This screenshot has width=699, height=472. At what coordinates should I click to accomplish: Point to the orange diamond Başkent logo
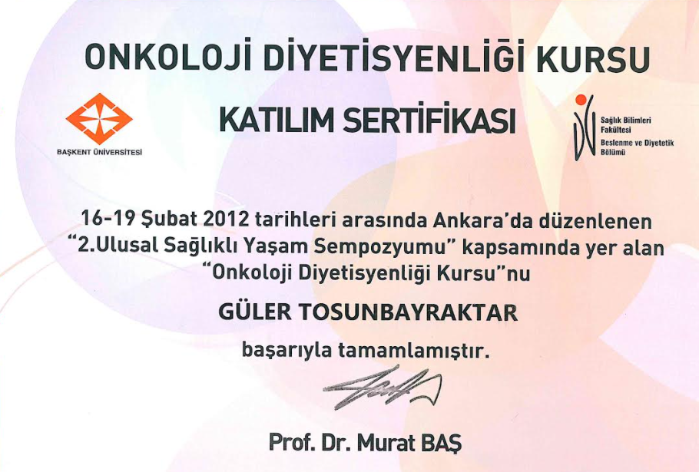click(99, 119)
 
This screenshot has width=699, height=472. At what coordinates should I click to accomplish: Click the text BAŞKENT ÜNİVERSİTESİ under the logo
click(99, 152)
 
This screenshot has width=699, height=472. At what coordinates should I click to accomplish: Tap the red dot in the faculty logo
click(580, 100)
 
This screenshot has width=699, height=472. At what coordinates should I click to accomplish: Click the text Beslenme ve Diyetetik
click(637, 143)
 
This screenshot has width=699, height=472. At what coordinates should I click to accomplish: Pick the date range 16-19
click(108, 219)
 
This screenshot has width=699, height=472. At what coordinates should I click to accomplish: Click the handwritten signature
click(383, 388)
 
